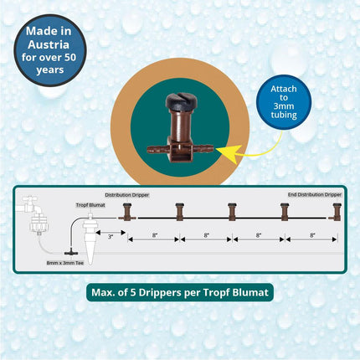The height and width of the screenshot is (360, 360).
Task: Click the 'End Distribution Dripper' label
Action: [314, 194]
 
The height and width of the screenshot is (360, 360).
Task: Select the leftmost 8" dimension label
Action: [154, 237]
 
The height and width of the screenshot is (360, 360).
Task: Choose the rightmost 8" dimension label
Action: [311, 237]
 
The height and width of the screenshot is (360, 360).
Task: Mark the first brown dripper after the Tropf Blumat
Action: [127, 213]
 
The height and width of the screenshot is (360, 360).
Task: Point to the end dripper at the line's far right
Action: [337, 213]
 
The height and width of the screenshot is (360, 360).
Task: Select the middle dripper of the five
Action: [232, 213]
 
